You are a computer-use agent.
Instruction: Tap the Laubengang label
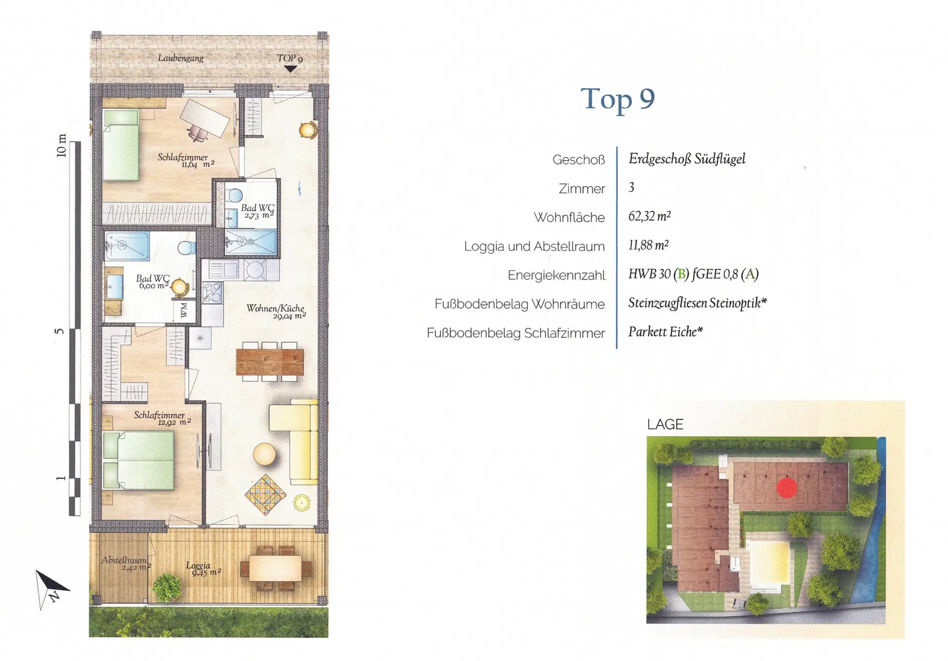pyautogui.click(x=180, y=58)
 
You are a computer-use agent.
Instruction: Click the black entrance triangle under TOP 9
pyautogui.click(x=290, y=69)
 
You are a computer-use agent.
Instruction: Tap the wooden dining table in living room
pyautogui.click(x=270, y=362)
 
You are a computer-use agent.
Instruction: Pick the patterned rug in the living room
pyautogui.click(x=266, y=494)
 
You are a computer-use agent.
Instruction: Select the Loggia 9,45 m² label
pyautogui.click(x=203, y=569)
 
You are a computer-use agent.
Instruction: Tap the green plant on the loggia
pyautogui.click(x=167, y=587)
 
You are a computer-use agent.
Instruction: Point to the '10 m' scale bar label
pyautogui.click(x=61, y=146)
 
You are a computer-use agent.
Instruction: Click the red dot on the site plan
pyautogui.click(x=787, y=488)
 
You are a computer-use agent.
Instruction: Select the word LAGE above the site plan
pyautogui.click(x=665, y=424)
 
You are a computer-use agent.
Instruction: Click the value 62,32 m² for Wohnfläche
pyautogui.click(x=649, y=216)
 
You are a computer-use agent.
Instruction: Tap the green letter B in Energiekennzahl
pyautogui.click(x=681, y=274)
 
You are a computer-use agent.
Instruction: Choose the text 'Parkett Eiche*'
pyautogui.click(x=665, y=331)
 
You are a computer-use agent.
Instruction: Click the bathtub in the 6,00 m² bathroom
pyautogui.click(x=127, y=245)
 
